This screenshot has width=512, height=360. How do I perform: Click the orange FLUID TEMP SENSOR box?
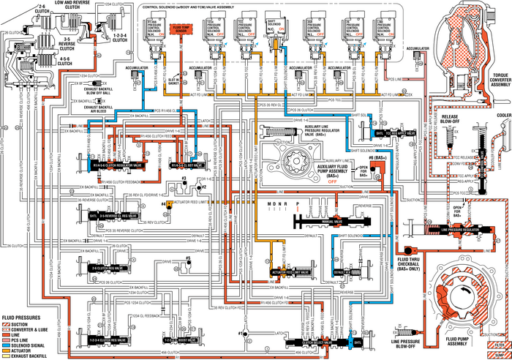tap(178, 31)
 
